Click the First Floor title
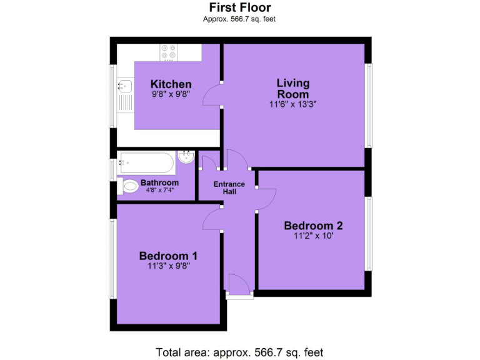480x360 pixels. click(239, 7)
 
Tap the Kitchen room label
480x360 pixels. click(171, 84)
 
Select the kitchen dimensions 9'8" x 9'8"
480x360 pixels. click(171, 94)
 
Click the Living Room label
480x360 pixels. click(293, 88)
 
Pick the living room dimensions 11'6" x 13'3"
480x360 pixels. click(293, 104)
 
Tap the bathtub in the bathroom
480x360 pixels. click(146, 164)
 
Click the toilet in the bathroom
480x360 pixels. click(129, 186)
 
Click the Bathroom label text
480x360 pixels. click(159, 182)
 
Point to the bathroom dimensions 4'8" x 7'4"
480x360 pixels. click(159, 190)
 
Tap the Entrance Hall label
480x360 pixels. click(229, 187)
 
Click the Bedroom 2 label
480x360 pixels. click(313, 226)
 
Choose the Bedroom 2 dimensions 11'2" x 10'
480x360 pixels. click(313, 236)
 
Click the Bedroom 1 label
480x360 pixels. click(168, 256)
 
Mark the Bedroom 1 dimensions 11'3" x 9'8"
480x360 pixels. click(168, 266)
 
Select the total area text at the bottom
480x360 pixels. click(239, 352)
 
